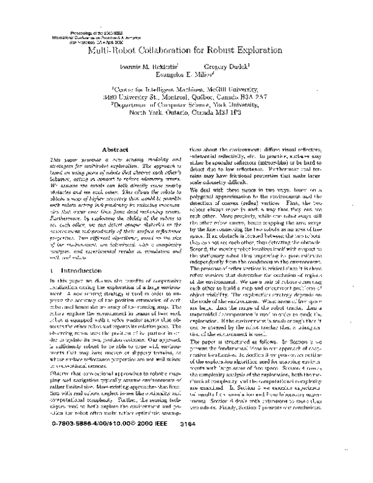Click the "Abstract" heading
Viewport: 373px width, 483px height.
pyautogui.click(x=101, y=150)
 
